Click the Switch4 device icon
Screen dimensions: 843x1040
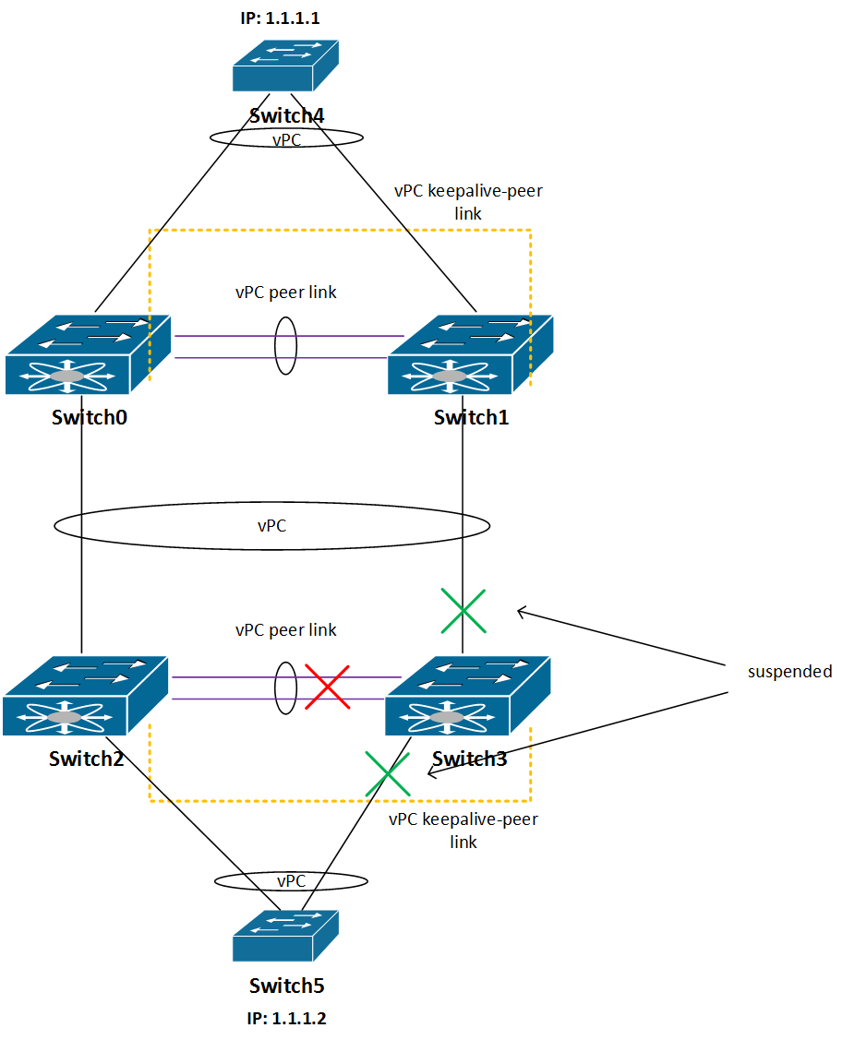tap(285, 66)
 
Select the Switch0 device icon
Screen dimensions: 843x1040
tap(88, 355)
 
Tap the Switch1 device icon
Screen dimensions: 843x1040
tap(470, 355)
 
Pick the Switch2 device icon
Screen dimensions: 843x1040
tap(85, 696)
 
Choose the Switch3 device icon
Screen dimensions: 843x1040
tap(467, 696)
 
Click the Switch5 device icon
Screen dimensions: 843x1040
tap(285, 936)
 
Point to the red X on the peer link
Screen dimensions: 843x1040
tap(327, 687)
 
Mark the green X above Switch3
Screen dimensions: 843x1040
tap(464, 611)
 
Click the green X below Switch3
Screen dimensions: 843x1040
tap(388, 774)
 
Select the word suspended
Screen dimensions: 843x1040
tap(789, 672)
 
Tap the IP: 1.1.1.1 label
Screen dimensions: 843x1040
tap(280, 18)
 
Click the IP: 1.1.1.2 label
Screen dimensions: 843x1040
tap(287, 1019)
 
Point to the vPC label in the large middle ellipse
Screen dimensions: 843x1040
tap(271, 526)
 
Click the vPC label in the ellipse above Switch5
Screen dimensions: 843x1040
tap(291, 880)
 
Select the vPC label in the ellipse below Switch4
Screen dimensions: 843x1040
tap(286, 140)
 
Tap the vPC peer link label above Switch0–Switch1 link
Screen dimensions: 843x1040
tap(286, 293)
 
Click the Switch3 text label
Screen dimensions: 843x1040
tap(469, 759)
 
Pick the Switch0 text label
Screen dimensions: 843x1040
tap(90, 417)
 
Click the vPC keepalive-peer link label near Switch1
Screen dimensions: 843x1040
tap(469, 201)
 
